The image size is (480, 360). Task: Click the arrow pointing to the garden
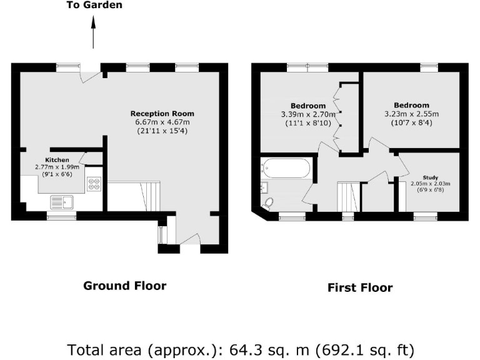click(x=94, y=32)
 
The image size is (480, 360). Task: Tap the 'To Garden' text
click(x=94, y=5)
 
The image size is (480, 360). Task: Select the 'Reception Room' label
click(x=162, y=113)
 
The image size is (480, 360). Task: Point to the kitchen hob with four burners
click(x=94, y=184)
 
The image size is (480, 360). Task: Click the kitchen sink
click(x=62, y=201)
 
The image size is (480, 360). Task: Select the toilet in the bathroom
click(x=268, y=202)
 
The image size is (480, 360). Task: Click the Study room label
click(x=430, y=177)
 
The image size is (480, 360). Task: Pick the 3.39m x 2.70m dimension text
click(x=308, y=114)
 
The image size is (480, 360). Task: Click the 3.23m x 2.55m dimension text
click(x=411, y=114)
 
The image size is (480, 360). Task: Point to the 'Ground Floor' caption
click(x=125, y=286)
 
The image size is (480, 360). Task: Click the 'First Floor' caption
click(x=360, y=287)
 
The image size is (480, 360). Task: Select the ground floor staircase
click(x=134, y=196)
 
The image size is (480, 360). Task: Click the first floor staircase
click(x=348, y=197)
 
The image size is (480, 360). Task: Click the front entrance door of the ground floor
click(x=189, y=240)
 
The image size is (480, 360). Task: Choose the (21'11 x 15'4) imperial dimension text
click(x=162, y=131)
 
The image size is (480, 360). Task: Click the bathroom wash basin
click(x=264, y=186)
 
